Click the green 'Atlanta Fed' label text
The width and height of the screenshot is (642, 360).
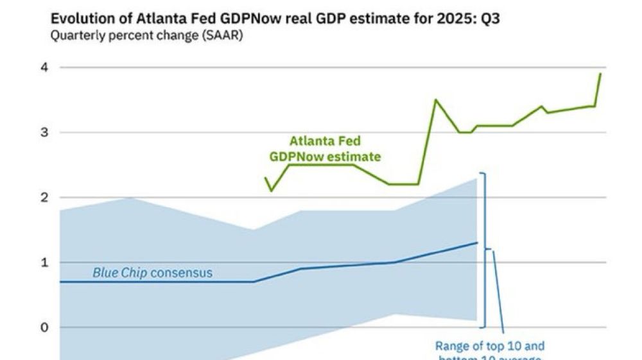pyautogui.click(x=324, y=141)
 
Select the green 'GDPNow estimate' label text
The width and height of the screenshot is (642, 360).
pyautogui.click(x=324, y=157)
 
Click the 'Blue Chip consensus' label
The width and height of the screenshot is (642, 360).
pyautogui.click(x=152, y=273)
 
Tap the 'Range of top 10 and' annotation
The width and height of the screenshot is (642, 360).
pyautogui.click(x=489, y=345)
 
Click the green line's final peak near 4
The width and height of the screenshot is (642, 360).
pyautogui.click(x=600, y=73)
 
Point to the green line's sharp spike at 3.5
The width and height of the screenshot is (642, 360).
pyautogui.click(x=435, y=99)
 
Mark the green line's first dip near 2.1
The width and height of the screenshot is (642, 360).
pyautogui.click(x=271, y=191)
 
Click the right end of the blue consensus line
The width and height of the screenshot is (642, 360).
pyautogui.click(x=477, y=243)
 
